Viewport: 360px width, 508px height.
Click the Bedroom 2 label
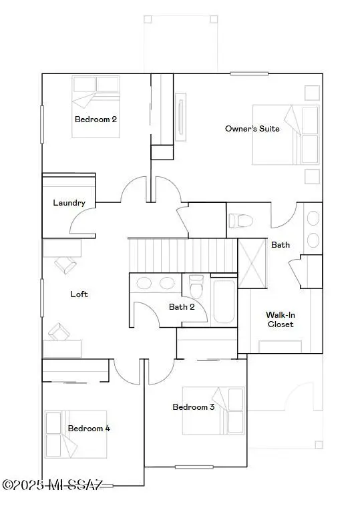click(96, 119)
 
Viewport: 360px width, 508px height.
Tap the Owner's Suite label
click(252, 128)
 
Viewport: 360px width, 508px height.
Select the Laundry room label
click(69, 202)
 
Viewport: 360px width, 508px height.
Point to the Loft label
click(79, 294)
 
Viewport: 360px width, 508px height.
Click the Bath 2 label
click(182, 307)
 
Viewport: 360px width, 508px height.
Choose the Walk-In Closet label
click(280, 319)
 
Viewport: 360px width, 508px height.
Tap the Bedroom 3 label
click(193, 407)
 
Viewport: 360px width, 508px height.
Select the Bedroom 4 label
click(89, 429)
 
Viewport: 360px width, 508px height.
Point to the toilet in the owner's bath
click(241, 221)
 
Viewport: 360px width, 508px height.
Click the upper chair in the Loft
click(64, 265)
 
